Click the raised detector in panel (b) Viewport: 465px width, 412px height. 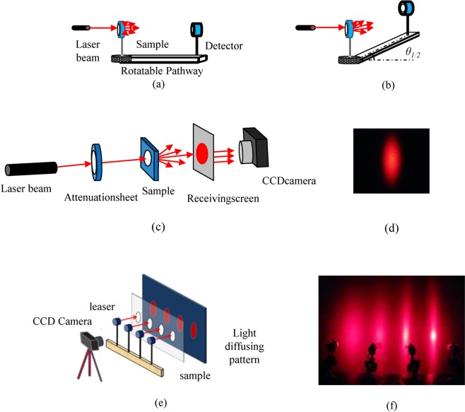click(408, 10)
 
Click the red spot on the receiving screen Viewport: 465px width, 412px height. click(202, 153)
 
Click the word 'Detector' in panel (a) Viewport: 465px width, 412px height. click(225, 47)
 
